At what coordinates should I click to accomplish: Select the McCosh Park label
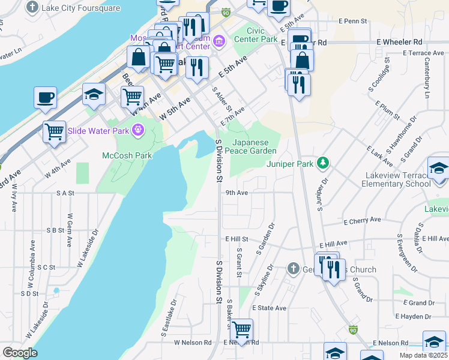[126, 155]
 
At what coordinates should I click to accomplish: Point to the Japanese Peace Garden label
[255, 147]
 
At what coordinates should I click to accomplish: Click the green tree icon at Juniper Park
[324, 163]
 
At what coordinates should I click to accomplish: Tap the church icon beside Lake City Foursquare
[32, 8]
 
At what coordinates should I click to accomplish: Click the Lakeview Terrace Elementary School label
[396, 179]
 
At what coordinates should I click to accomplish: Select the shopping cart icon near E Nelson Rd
[241, 329]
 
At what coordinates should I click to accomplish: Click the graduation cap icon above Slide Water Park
[94, 94]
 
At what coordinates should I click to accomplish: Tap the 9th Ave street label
[237, 193]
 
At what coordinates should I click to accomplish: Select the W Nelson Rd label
[193, 343]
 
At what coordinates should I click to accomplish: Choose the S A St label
[64, 193]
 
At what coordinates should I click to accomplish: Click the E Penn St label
[352, 21]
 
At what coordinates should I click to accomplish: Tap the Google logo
[20, 352]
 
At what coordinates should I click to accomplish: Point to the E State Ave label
[269, 308]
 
